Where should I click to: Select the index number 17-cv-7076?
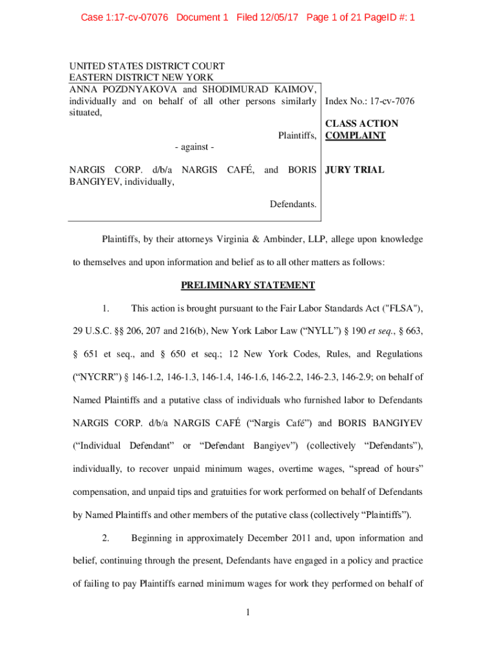[392, 101]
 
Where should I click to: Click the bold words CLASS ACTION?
[361, 124]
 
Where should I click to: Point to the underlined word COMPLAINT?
[355, 136]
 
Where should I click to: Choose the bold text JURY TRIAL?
[355, 171]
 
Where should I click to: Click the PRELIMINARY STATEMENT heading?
[248, 285]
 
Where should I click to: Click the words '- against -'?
[193, 147]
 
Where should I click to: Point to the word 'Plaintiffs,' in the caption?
[297, 136]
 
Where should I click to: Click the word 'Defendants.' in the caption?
[293, 205]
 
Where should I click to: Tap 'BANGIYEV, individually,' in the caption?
[122, 182]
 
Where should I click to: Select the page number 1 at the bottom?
[248, 611]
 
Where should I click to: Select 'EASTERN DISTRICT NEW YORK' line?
[133, 77]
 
